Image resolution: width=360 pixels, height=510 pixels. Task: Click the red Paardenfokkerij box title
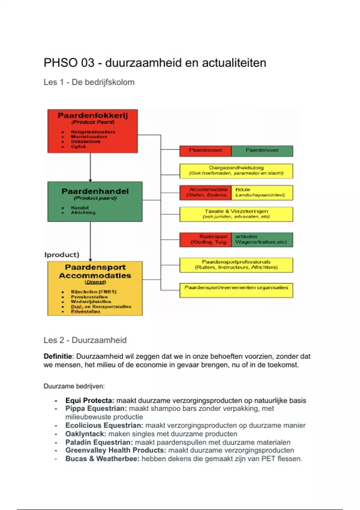[x=93, y=115]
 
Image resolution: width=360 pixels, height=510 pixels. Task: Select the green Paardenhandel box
[x=95, y=201]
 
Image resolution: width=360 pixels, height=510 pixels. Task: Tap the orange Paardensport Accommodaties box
[x=95, y=288]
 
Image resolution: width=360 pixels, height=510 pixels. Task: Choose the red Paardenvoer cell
[x=205, y=151]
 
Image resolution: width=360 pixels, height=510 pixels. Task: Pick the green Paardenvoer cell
[x=262, y=151]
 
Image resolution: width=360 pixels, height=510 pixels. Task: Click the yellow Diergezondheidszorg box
[x=236, y=171]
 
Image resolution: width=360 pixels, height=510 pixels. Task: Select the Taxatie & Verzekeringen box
[x=236, y=214]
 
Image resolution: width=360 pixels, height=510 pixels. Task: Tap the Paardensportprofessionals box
[x=236, y=265]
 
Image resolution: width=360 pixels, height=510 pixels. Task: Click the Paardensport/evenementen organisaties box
[x=236, y=290]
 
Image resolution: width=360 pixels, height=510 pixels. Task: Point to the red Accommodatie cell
[x=206, y=193]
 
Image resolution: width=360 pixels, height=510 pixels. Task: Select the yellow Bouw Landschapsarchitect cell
[x=262, y=193]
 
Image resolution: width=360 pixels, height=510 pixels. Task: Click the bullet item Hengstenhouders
[x=93, y=132]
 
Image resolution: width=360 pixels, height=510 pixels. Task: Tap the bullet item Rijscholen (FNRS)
[x=94, y=292]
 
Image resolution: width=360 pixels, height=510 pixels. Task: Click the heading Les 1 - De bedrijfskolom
[x=89, y=82]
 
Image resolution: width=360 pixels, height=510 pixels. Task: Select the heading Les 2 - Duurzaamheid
[x=85, y=340]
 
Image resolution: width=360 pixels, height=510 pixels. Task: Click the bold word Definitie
[x=58, y=356]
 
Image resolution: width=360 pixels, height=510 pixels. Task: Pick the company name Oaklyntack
[x=85, y=434]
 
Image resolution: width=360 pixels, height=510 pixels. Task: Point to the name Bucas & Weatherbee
[x=102, y=459]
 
